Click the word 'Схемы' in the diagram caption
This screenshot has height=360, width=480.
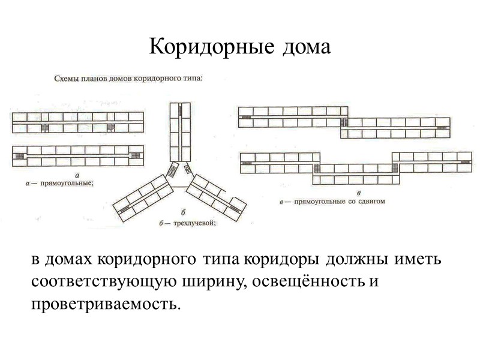(x=68, y=77)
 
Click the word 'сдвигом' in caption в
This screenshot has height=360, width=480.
(x=369, y=202)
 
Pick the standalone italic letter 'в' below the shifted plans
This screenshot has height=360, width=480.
(x=358, y=193)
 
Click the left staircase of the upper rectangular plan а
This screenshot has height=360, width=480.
(x=44, y=127)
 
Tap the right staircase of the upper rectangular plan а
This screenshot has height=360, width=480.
(x=111, y=127)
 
